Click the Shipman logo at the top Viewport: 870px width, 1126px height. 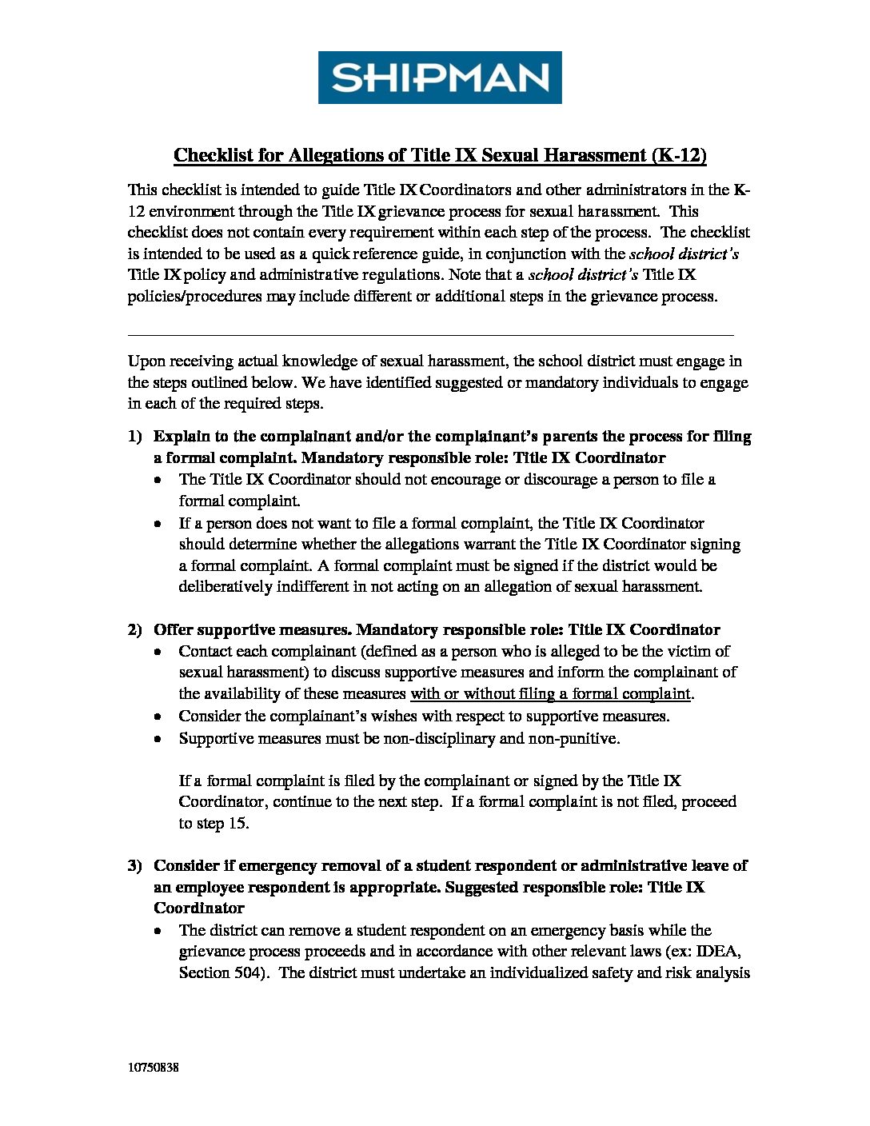click(440, 78)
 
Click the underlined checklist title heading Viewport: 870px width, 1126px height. click(440, 155)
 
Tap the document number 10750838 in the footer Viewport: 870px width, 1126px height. click(153, 1068)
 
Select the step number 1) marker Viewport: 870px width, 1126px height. click(134, 437)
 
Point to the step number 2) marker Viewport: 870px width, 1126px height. click(134, 630)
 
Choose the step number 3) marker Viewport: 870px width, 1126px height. click(134, 866)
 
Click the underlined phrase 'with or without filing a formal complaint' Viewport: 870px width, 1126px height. click(550, 694)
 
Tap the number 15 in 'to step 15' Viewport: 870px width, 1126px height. click(237, 824)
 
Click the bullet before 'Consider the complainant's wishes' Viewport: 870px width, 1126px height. click(161, 717)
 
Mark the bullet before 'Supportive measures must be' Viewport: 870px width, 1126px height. click(161, 740)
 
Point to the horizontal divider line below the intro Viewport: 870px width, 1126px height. click(430, 335)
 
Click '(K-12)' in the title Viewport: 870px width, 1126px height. click(679, 155)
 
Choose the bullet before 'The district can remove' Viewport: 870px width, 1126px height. click(161, 932)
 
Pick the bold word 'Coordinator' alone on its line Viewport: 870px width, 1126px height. click(199, 908)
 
